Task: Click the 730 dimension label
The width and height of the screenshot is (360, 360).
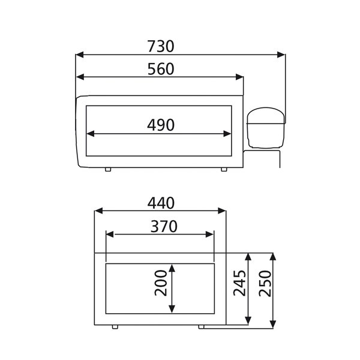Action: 161,46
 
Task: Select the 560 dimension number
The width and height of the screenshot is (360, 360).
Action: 161,69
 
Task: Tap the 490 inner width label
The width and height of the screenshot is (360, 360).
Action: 161,125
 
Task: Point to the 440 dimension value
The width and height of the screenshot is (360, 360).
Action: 161,203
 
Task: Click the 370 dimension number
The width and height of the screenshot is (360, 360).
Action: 164,227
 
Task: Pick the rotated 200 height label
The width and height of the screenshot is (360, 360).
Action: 161,283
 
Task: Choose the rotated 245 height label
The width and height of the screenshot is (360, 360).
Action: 239,283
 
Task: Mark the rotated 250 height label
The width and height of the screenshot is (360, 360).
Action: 265,283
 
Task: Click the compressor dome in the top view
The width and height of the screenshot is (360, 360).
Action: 266,127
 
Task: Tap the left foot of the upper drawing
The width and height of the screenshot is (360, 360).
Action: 108,169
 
